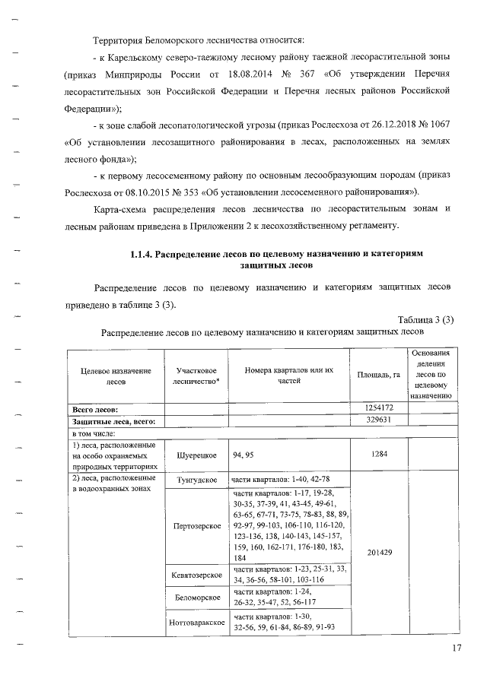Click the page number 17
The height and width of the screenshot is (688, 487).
click(x=456, y=647)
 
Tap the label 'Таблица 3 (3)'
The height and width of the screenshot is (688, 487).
click(x=425, y=320)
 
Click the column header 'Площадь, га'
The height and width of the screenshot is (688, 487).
click(x=379, y=375)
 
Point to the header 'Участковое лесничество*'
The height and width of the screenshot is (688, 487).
click(x=196, y=376)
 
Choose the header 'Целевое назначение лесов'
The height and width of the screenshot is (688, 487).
click(x=116, y=376)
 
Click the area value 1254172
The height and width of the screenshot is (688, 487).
click(x=379, y=408)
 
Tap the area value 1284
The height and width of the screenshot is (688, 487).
click(x=379, y=455)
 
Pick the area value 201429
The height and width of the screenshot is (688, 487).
click(x=379, y=551)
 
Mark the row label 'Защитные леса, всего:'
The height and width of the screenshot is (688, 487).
click(x=114, y=420)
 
